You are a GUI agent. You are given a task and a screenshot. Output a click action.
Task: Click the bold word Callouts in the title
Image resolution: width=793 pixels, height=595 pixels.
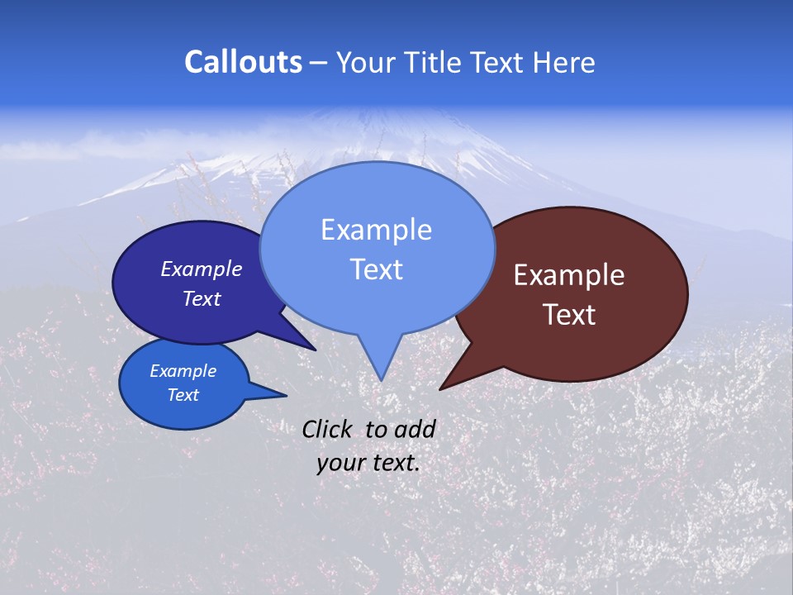[x=243, y=62]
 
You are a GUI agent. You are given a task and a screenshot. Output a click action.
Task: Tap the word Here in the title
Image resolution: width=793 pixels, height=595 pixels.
[x=564, y=62]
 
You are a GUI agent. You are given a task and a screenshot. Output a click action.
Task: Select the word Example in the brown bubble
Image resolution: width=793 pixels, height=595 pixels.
[x=569, y=275]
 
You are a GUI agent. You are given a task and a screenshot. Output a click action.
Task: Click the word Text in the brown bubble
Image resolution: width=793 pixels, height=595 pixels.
[x=569, y=315]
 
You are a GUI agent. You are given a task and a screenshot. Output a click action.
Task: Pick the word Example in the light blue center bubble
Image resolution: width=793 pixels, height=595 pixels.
[x=376, y=230]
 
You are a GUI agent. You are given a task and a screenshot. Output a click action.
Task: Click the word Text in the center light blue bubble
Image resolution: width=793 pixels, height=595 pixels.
[x=376, y=269]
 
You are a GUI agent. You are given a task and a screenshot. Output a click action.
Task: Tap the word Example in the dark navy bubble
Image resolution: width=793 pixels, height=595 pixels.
[x=202, y=269]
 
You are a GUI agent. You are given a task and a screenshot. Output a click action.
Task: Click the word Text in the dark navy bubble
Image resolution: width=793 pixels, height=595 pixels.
[x=202, y=298]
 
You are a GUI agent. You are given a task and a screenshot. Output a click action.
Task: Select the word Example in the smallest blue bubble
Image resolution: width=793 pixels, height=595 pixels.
[x=183, y=371]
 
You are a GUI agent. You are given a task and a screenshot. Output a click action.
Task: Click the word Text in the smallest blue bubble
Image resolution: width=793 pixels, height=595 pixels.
[x=183, y=395]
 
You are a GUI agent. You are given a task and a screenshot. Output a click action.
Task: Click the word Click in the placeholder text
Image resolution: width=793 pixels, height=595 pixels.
[x=328, y=429]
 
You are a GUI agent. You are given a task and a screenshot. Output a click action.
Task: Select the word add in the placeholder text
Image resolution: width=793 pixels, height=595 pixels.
[x=415, y=429]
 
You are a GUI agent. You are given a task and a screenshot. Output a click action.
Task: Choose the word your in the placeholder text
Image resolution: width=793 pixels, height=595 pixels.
[x=340, y=463]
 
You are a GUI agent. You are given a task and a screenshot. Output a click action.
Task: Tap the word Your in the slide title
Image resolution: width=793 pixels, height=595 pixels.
[x=367, y=62]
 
